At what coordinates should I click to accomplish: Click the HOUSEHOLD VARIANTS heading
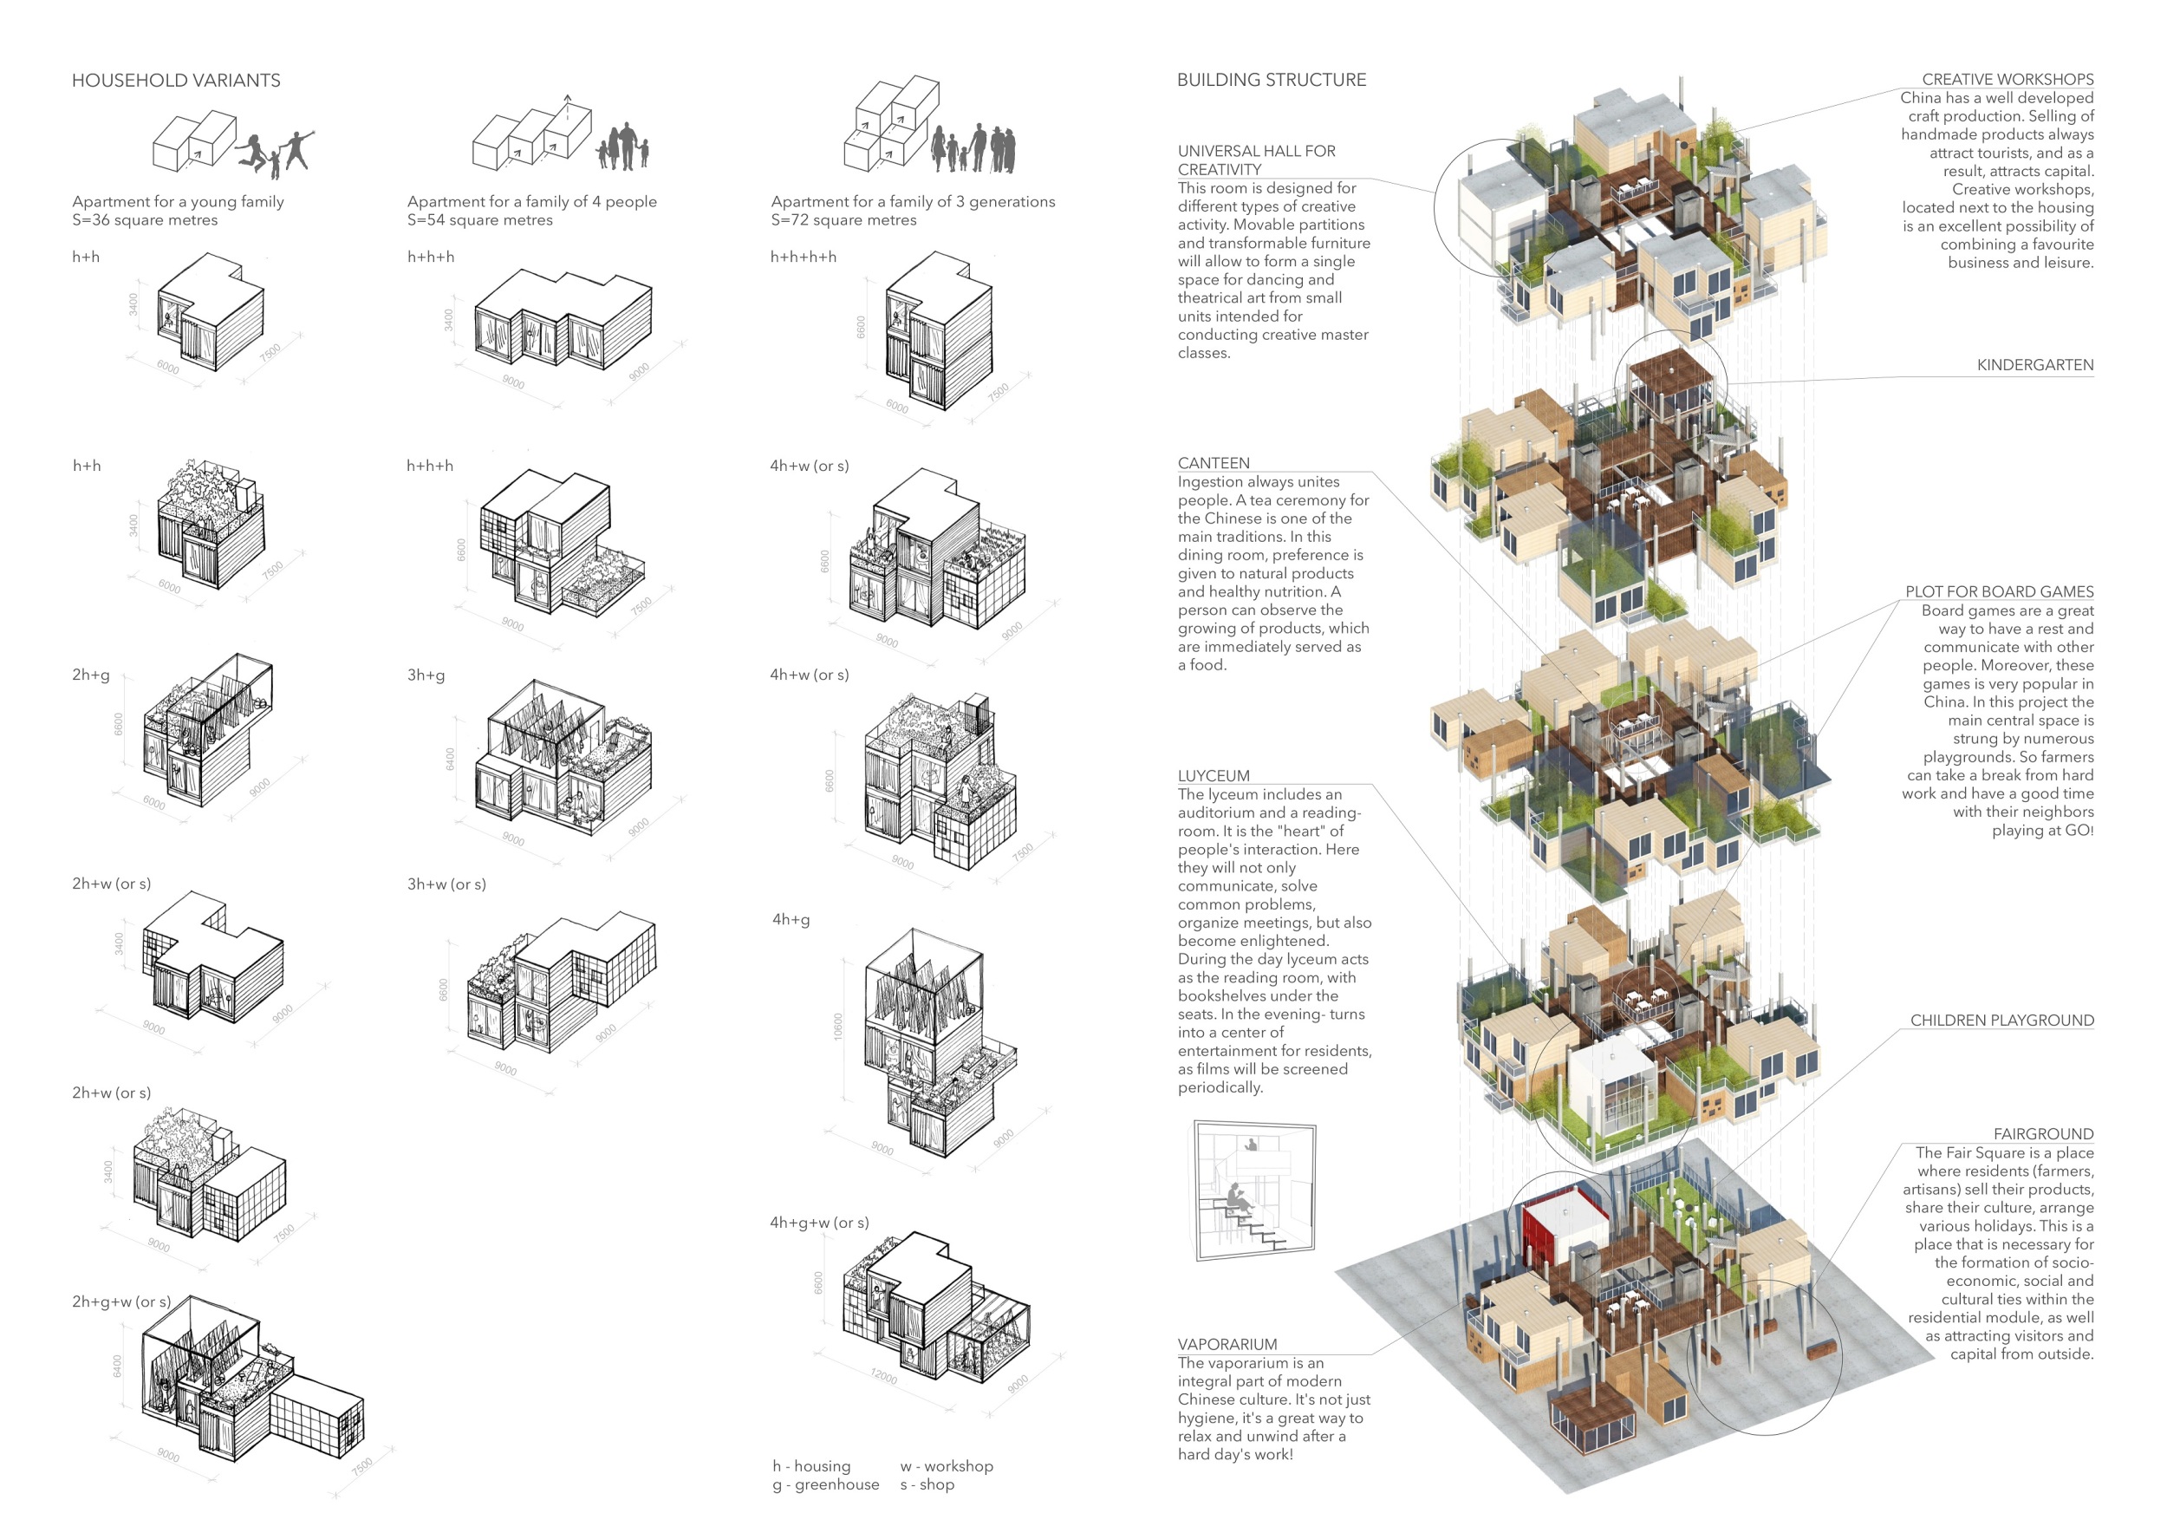pos(177,81)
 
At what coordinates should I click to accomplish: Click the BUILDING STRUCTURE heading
pos(1271,81)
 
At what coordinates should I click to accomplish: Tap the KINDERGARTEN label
pos(2035,365)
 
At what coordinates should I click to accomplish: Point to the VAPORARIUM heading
pos(1227,1344)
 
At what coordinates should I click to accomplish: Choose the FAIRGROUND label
pos(2042,1133)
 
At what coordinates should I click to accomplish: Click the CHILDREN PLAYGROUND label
pos(2001,1021)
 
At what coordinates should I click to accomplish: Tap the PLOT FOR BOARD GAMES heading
pos(1998,592)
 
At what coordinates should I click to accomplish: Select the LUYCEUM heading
pos(1213,776)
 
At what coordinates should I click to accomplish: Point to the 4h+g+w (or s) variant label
pos(819,1223)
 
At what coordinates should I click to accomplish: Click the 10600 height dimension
pos(838,1027)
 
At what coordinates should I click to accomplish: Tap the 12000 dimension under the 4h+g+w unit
pos(883,1376)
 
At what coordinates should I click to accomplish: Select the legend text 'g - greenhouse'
pos(825,1484)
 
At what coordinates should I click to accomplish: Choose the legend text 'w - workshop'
pos(946,1466)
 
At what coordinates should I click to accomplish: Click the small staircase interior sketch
pos(1253,1190)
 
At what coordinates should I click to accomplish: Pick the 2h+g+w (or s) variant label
pos(120,1301)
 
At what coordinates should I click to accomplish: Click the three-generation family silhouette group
pos(973,148)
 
